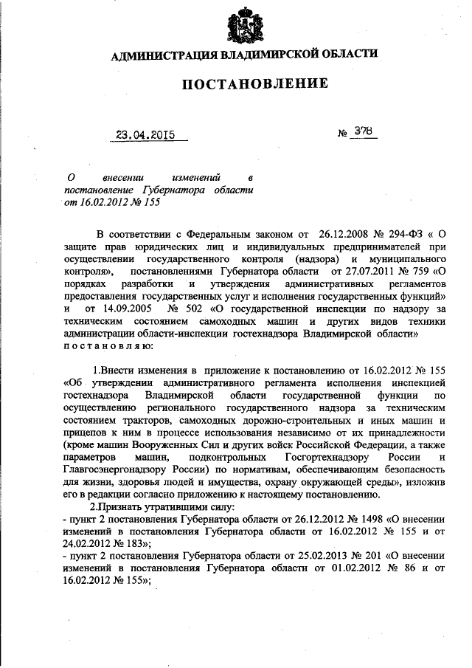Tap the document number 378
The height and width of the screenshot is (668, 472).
(x=363, y=132)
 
